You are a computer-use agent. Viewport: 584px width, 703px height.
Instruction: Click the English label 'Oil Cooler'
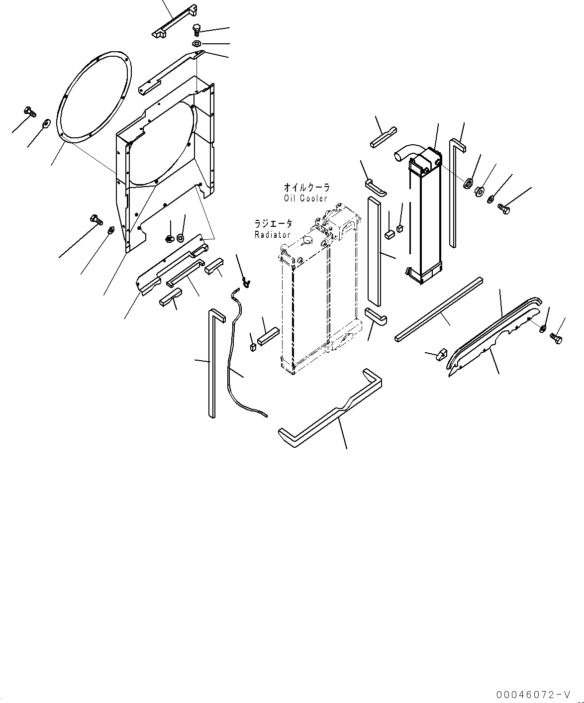point(306,199)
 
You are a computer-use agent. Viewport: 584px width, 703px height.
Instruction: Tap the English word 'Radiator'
point(272,234)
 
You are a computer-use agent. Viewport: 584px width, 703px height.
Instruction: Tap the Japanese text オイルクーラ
point(306,188)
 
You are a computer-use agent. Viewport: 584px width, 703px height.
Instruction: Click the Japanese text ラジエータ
point(273,224)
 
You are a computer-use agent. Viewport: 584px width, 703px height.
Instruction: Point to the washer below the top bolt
point(197,44)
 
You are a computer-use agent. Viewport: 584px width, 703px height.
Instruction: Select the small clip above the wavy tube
point(246,283)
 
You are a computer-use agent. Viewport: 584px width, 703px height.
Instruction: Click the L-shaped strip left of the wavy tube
point(212,363)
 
